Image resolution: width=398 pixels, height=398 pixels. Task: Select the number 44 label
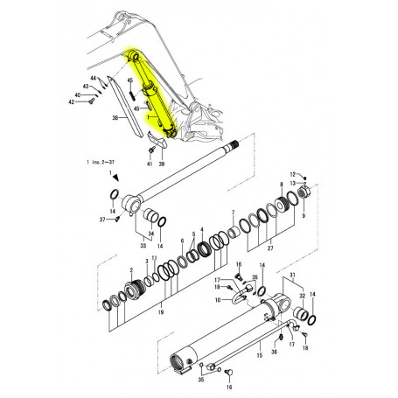click(x=93, y=80)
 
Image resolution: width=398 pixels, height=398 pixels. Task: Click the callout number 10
click(x=206, y=300)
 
